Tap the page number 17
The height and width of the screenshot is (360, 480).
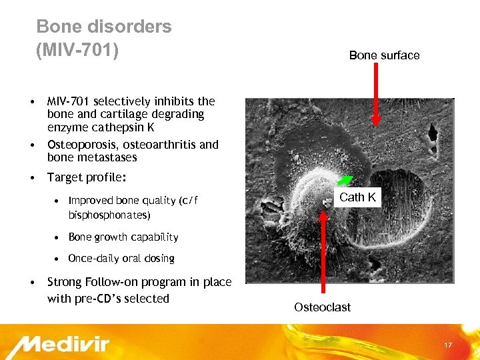(x=448, y=345)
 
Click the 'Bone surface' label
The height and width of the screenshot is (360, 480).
(x=384, y=55)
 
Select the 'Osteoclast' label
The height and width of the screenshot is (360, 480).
(x=322, y=307)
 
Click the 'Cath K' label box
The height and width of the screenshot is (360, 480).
(x=357, y=197)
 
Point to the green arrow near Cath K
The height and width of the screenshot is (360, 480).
(x=345, y=179)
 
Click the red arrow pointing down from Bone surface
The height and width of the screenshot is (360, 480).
(x=376, y=93)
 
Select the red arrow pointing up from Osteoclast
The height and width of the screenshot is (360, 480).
(x=324, y=253)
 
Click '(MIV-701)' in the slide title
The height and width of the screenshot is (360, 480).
(x=77, y=50)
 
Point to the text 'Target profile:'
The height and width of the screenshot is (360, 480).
(x=87, y=177)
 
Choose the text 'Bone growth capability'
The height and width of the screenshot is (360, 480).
(x=123, y=237)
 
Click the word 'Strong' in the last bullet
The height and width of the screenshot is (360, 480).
(x=65, y=282)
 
